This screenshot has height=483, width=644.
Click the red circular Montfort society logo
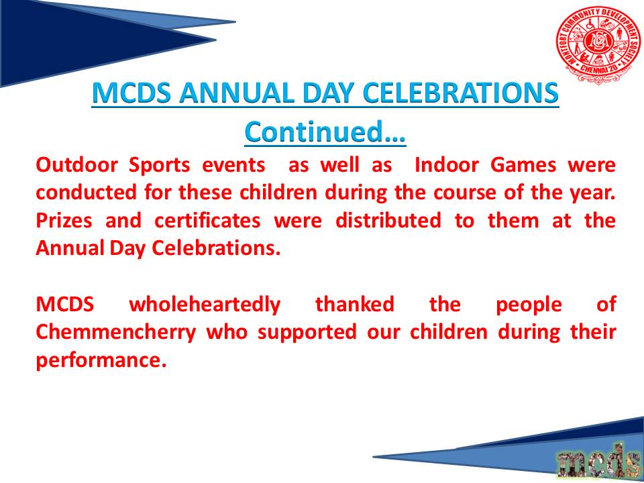point(597,45)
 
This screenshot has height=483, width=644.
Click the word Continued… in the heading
point(325,131)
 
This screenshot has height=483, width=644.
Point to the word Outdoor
point(76,165)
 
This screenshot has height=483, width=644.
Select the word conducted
point(86,193)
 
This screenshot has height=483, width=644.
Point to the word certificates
point(208,221)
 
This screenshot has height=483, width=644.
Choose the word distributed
point(388,221)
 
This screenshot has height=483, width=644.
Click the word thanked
point(354,305)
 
